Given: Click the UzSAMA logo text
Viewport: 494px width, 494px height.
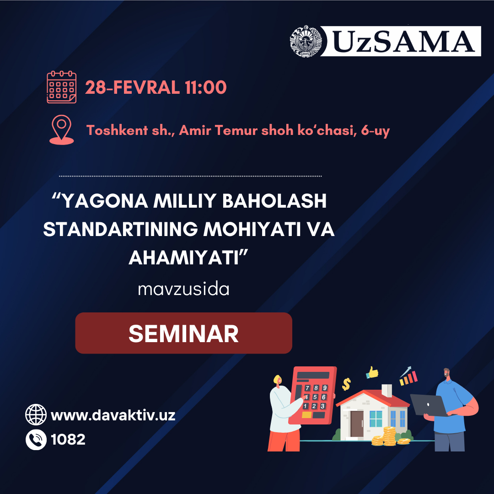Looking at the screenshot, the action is pyautogui.click(x=403, y=41).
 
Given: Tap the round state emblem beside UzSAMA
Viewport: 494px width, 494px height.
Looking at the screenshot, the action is pyautogui.click(x=306, y=41).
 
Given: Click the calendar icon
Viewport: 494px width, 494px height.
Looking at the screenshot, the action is pyautogui.click(x=61, y=87).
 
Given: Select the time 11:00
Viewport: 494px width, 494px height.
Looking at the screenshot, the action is pyautogui.click(x=206, y=87).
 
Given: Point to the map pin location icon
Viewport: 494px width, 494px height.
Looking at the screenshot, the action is pyautogui.click(x=61, y=130).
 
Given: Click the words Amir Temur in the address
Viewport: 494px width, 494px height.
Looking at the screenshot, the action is pyautogui.click(x=218, y=130).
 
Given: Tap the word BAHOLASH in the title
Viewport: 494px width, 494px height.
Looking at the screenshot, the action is pyautogui.click(x=274, y=201).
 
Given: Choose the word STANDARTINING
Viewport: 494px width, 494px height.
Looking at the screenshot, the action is pyautogui.click(x=120, y=229).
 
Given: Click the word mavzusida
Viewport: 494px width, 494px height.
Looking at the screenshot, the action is pyautogui.click(x=184, y=289).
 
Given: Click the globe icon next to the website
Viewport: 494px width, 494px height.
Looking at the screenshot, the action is pyautogui.click(x=36, y=414).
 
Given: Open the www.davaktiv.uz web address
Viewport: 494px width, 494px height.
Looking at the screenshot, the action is pyautogui.click(x=113, y=415).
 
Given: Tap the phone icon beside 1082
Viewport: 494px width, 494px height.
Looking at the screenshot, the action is pyautogui.click(x=36, y=440).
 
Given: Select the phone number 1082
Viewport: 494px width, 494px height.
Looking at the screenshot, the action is pyautogui.click(x=68, y=440).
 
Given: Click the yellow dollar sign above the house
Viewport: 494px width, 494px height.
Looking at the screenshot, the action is pyautogui.click(x=346, y=384).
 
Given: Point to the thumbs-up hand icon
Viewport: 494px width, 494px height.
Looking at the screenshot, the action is pyautogui.click(x=372, y=373).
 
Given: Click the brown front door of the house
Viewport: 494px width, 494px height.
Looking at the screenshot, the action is pyautogui.click(x=357, y=424).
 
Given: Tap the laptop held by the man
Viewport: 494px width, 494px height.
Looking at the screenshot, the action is pyautogui.click(x=429, y=405).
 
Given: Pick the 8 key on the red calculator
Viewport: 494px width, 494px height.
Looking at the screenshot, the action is pyautogui.click(x=316, y=388).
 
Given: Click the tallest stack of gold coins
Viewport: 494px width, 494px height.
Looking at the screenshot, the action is pyautogui.click(x=389, y=436).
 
